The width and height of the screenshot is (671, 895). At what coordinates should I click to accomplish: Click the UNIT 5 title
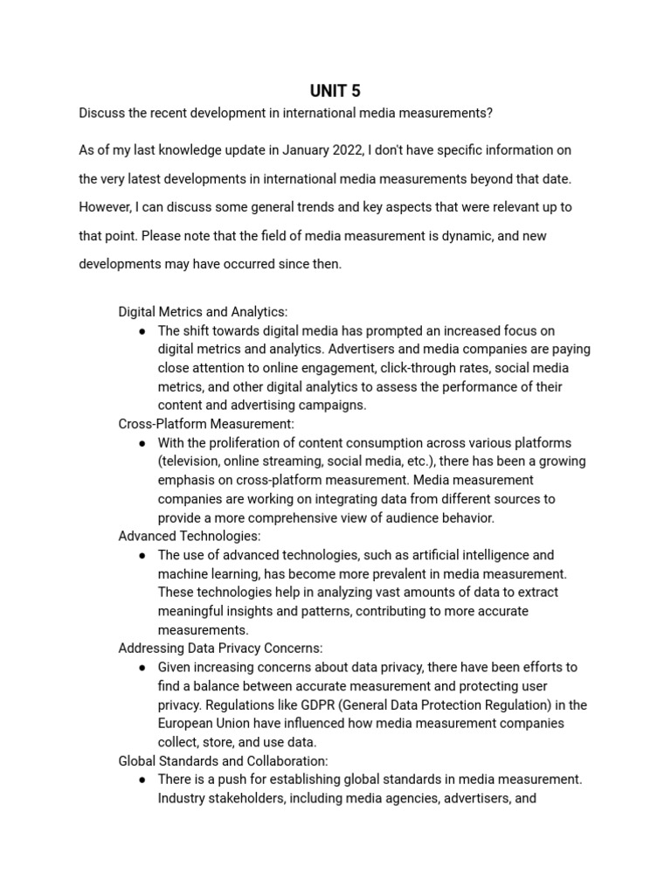coord(335,91)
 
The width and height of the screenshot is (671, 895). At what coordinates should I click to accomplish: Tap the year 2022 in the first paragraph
coord(338,150)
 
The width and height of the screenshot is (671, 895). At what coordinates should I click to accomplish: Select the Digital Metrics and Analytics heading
coord(203,311)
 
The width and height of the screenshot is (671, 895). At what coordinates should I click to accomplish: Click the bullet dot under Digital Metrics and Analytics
coord(142,331)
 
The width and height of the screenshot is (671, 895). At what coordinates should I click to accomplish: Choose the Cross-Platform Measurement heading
coord(206,424)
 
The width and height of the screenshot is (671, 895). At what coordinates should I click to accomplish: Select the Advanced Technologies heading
coord(190,536)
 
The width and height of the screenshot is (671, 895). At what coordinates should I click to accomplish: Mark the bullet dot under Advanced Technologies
coord(142,556)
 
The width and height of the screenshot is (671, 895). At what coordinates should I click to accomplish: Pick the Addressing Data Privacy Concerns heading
coord(220,649)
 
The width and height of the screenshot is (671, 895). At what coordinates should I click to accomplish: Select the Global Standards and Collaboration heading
coord(223,760)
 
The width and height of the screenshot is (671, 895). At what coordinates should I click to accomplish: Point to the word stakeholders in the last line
coord(246,798)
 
